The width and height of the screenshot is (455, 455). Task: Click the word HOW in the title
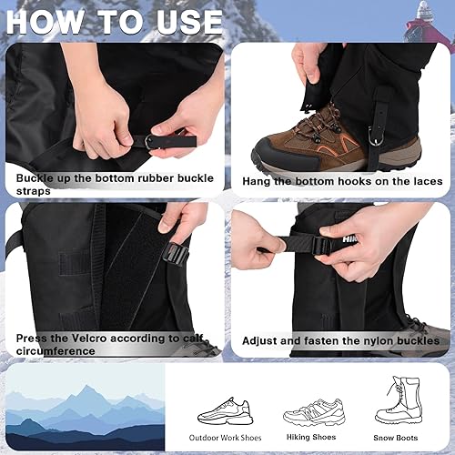click(x=50, y=21)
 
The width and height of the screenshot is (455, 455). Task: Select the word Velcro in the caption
click(x=82, y=338)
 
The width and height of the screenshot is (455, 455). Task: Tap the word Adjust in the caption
click(x=264, y=340)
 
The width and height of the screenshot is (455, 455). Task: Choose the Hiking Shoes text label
click(x=309, y=438)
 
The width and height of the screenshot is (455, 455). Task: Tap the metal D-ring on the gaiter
click(x=375, y=135)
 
